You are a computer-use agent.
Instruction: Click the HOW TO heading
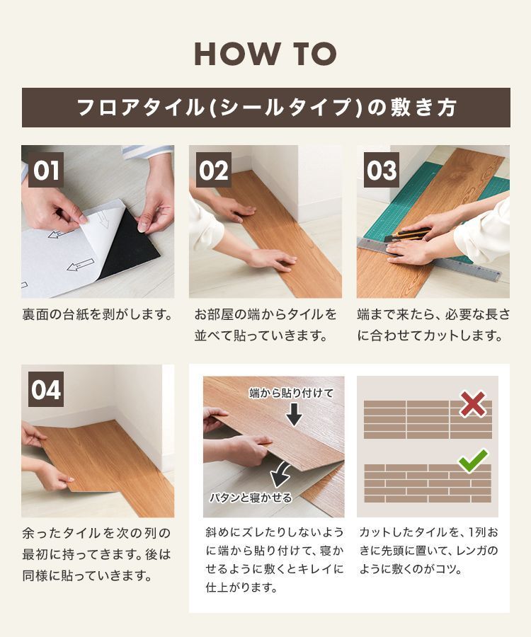pyautogui.click(x=265, y=54)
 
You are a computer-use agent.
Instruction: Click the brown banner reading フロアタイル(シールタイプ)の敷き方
pyautogui.click(x=265, y=108)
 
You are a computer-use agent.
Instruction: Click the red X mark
pyautogui.click(x=472, y=403)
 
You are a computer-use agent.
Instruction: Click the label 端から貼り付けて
pyautogui.click(x=290, y=393)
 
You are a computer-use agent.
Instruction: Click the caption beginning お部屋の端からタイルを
pyautogui.click(x=265, y=325)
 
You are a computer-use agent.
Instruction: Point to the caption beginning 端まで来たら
pyautogui.click(x=433, y=325)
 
